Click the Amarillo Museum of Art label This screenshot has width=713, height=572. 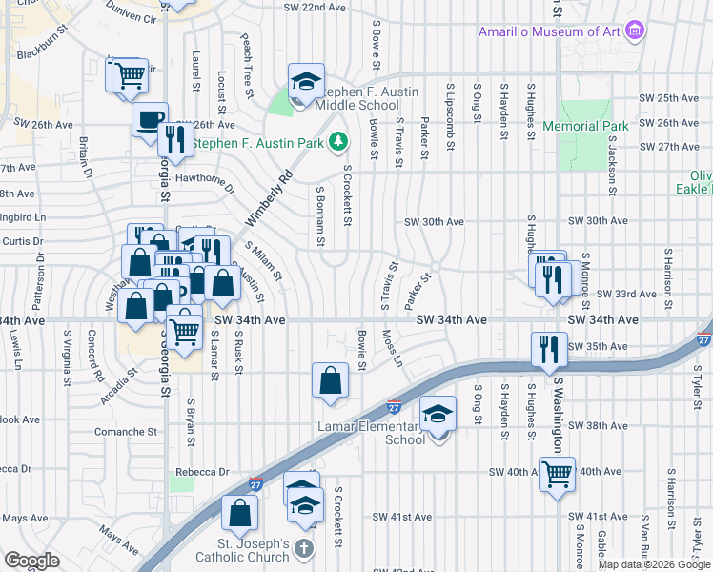pos(550,32)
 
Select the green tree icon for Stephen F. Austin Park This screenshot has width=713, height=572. pos(336,143)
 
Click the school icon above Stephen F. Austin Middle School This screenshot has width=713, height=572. pos(306,81)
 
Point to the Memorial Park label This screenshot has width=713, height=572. pos(584,126)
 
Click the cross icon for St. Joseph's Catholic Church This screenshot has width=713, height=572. pos(303,548)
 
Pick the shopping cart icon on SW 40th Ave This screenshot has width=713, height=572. pos(557,472)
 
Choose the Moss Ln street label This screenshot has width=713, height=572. pos(390,349)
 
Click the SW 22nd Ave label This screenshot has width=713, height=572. pos(314,7)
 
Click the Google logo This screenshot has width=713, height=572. pos(31,561)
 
